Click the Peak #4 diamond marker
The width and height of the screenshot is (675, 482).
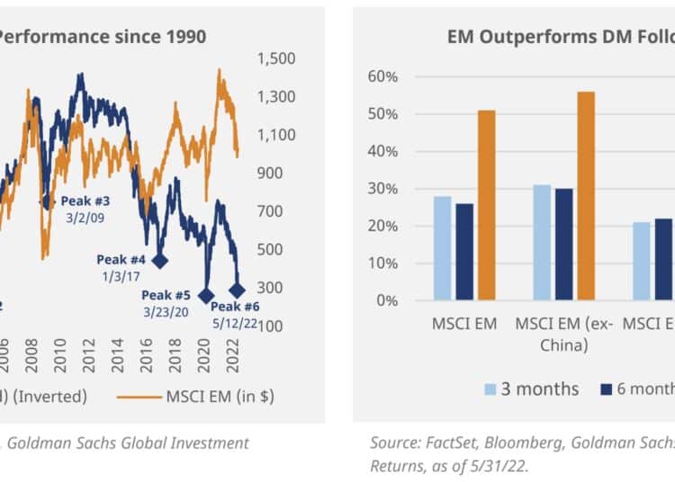tap(160, 261)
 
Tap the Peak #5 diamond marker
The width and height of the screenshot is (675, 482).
tap(205, 296)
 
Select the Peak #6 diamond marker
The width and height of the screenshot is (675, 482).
tap(238, 290)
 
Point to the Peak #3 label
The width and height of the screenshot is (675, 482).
tap(85, 201)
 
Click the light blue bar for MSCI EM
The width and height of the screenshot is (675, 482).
tap(443, 247)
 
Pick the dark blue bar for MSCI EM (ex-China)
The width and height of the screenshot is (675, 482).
tap(564, 244)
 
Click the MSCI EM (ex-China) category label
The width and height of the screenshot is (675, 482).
tap(564, 334)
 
